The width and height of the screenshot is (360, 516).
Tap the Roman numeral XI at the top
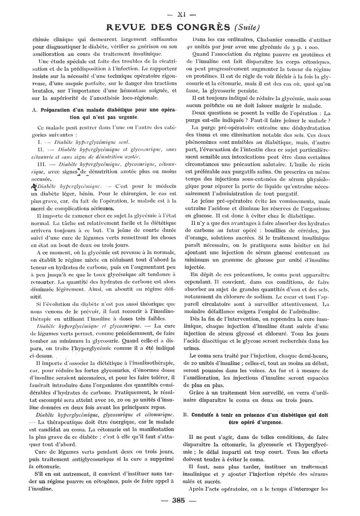181,14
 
